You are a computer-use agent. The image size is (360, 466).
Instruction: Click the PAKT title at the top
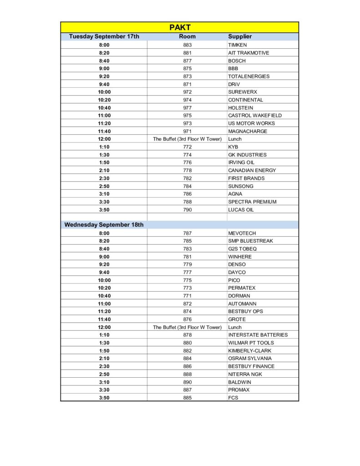coord(180,27)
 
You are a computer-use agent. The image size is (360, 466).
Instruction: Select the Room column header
coord(187,36)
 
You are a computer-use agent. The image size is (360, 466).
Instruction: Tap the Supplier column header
coord(240,36)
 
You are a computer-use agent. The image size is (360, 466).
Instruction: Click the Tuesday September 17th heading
coord(104,36)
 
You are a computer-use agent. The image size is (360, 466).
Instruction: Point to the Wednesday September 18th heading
coord(104,225)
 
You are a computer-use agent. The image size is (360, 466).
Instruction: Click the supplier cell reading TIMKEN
coord(238,45)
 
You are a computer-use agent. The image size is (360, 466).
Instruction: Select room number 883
coord(187,45)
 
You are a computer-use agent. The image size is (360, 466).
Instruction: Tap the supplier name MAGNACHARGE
coord(248,132)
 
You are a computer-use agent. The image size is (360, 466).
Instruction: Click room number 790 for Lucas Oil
coord(187,210)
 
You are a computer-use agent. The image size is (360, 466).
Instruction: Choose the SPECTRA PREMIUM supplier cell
coord(252,202)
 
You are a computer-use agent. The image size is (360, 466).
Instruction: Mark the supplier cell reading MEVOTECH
coord(242,233)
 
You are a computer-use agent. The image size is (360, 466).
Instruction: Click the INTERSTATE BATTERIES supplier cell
coord(258,335)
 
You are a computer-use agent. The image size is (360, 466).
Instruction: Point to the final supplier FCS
coord(233,398)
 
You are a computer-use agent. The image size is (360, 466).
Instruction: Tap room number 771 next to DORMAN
coord(187,296)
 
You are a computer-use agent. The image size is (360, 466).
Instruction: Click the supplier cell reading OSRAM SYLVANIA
coord(250,359)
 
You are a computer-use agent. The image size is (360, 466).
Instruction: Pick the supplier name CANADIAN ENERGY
coord(252,170)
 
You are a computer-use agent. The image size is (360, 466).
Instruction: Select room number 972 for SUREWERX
coord(187,92)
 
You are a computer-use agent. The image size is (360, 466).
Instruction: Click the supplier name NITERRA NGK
coord(245,374)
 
